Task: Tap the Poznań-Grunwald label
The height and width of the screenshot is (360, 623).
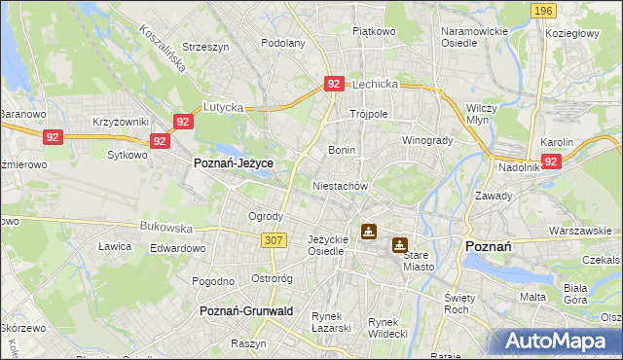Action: click(246, 310)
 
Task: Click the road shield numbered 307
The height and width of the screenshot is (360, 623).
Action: click(274, 239)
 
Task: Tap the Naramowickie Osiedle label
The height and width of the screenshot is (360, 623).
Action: click(474, 37)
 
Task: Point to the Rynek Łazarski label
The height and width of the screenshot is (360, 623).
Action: click(331, 322)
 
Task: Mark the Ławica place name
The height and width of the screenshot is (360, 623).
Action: click(115, 246)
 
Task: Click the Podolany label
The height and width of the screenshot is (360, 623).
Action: click(283, 43)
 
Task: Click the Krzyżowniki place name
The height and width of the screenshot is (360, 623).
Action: click(120, 122)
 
